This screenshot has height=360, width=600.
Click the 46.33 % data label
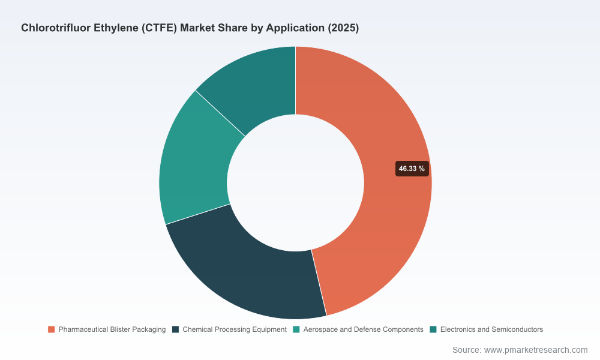412,169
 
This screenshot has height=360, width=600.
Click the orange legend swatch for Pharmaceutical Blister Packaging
51,329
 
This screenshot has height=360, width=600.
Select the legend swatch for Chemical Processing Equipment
176,329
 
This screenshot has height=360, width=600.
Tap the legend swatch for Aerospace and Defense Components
296,329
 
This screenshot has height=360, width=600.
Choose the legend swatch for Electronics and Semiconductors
433,329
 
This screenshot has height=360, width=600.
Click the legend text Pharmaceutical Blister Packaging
112,329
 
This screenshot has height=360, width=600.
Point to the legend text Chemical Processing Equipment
235,329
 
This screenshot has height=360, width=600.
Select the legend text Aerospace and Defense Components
364,329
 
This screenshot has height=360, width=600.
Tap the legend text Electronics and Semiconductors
492,329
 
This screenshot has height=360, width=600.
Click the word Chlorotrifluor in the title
56,28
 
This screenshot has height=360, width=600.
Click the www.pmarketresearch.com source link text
536,350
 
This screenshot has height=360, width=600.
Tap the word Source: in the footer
467,350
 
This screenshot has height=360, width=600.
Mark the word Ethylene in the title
116,28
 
